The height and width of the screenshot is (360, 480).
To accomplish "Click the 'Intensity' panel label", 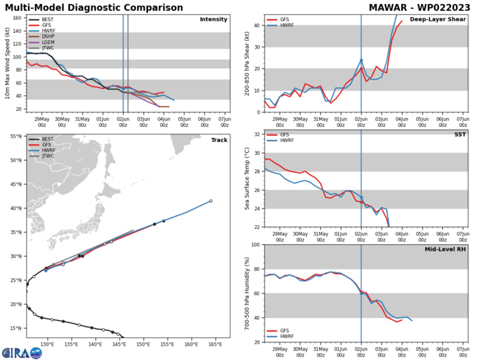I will pyautogui.click(x=213, y=19).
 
